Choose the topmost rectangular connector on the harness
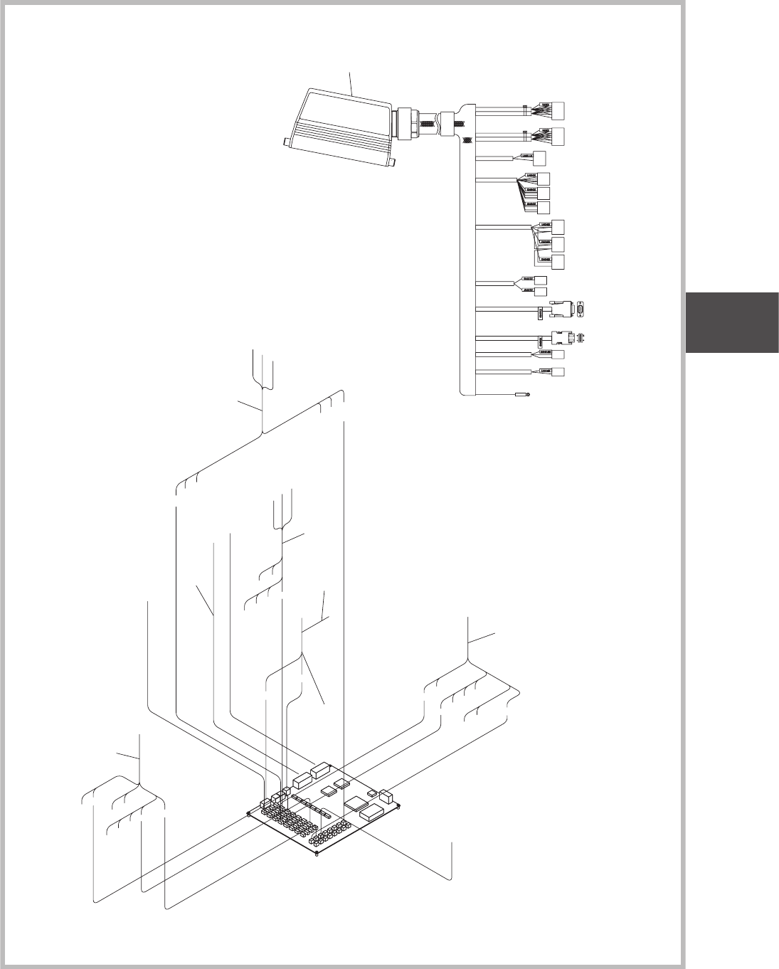click(560, 111)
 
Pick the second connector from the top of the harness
click(560, 137)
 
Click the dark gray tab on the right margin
click(731, 322)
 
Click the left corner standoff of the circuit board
click(248, 815)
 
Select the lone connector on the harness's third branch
click(539, 159)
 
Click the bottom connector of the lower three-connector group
click(559, 262)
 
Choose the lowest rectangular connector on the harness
click(558, 372)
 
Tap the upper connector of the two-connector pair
click(541, 280)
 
